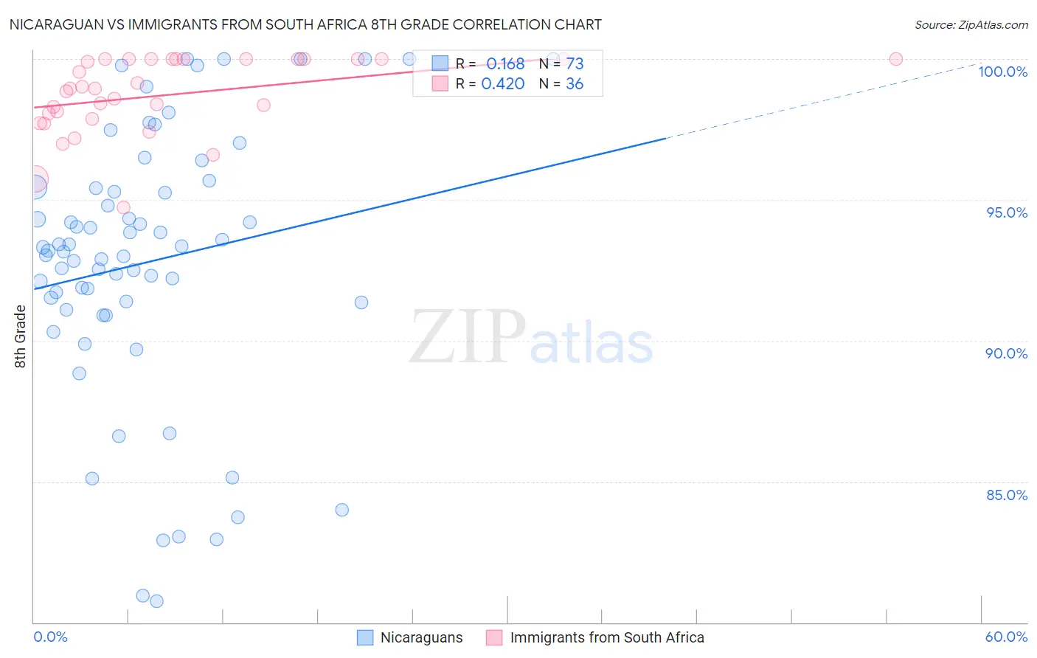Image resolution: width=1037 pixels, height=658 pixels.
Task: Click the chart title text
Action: pos(305,24)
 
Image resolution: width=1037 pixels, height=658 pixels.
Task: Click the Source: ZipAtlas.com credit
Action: pos(971,24)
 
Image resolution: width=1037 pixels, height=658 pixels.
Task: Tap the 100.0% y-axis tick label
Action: pos(1002,72)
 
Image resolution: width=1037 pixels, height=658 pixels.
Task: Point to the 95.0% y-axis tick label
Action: pos(1006,212)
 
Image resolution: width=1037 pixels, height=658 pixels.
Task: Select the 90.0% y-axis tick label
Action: pos(1006,353)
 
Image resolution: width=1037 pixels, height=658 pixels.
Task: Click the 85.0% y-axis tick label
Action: pos(1006,495)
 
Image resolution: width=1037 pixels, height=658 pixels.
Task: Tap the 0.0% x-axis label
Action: pos(50,637)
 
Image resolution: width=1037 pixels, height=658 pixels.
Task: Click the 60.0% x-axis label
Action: pos(1006,637)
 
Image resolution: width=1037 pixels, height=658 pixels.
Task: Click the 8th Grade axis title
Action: pos(21,336)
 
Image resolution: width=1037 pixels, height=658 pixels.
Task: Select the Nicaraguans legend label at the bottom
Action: pos(421,637)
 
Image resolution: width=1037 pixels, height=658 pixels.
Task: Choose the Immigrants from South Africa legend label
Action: pos(606,637)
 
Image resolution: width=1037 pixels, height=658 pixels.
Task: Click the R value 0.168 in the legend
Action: pos(505,64)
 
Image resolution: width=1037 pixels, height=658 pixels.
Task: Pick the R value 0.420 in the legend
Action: pos(502,84)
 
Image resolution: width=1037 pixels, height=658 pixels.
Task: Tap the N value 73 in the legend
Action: pos(575,64)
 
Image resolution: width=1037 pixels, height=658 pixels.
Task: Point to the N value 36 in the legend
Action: pos(575,84)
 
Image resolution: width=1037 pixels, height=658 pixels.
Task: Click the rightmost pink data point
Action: pos(895,59)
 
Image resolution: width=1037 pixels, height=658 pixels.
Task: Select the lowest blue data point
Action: pos(156,601)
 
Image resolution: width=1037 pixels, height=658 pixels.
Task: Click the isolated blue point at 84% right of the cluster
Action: pos(341,510)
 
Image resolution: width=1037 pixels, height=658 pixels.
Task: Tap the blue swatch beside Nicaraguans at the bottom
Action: pos(365,637)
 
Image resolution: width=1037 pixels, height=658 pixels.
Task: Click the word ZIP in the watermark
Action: pos(468,338)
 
